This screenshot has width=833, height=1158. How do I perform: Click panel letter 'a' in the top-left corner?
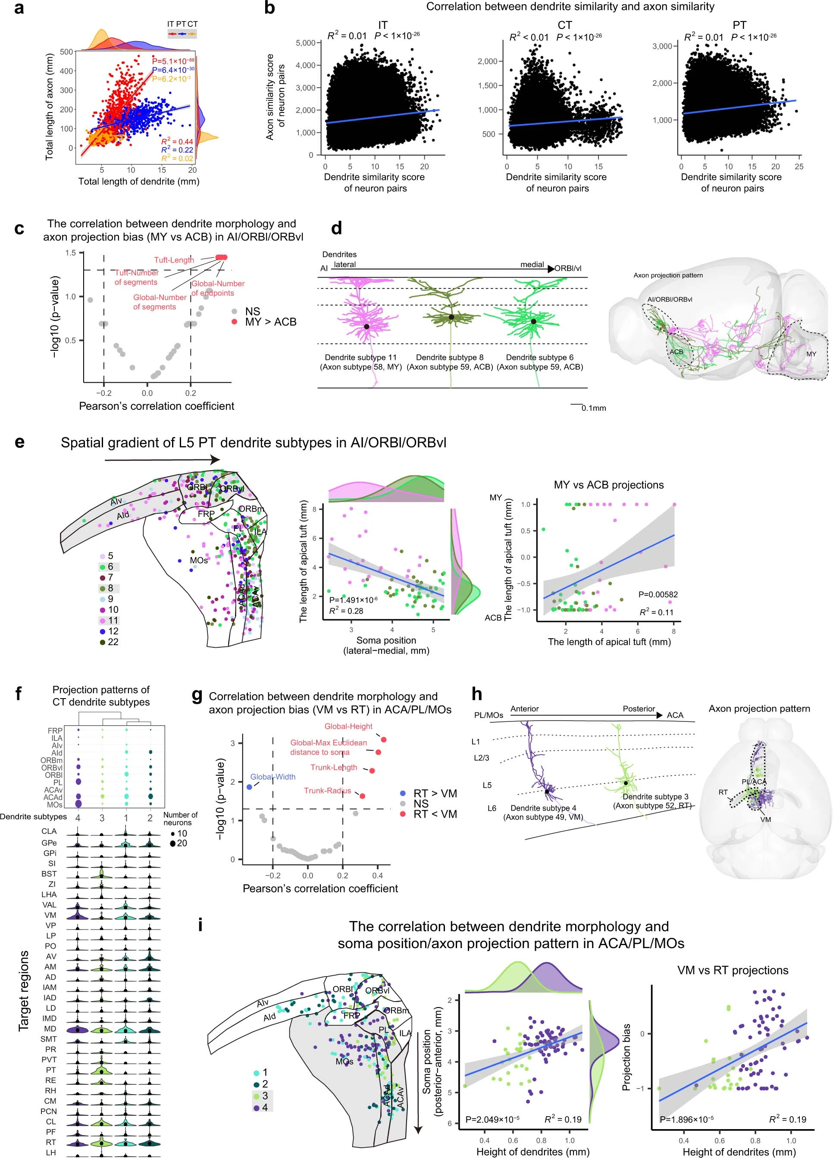coord(19,9)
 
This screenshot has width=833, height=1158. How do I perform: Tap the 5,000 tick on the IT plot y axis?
coord(305,43)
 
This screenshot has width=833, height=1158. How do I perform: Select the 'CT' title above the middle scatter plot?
coord(564,25)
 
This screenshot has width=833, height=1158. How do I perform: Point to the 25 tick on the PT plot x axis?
coord(799,166)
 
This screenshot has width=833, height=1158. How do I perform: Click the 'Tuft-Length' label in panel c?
coord(174,260)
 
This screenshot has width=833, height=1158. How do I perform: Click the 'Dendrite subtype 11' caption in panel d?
coord(360,357)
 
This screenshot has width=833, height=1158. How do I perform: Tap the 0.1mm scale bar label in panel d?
coord(593,409)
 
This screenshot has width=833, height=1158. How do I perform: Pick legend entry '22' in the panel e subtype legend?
coord(113,642)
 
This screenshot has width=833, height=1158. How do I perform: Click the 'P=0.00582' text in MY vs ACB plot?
coord(658,594)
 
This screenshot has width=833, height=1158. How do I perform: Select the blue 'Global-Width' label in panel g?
coord(273,777)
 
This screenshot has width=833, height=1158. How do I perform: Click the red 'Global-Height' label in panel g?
coord(348,726)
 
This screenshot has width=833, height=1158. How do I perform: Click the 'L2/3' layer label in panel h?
coord(481,758)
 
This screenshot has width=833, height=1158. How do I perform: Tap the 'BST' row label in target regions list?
coord(49,874)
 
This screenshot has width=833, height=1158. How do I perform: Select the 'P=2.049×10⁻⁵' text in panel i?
coord(492,1120)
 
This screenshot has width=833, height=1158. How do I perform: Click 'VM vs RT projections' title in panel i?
coord(733,970)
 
